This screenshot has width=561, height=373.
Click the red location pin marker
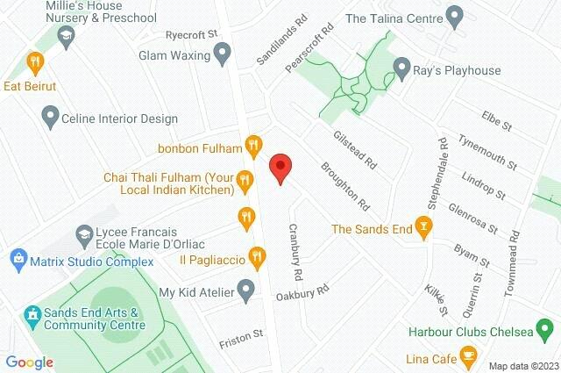pyautogui.click(x=280, y=168)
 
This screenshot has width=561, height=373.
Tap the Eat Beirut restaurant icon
pyautogui.click(x=35, y=62)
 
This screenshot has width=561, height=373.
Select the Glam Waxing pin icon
pyautogui.click(x=223, y=55)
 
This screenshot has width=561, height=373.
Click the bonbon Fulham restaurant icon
pyautogui.click(x=254, y=145)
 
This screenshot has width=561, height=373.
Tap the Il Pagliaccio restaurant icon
pyautogui.click(x=256, y=257)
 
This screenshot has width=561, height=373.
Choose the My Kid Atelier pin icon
pyautogui.click(x=246, y=291)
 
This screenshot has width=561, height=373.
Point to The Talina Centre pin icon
pyautogui.click(x=454, y=15)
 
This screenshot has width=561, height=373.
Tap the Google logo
pyautogui.click(x=29, y=362)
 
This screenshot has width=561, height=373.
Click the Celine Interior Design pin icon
pyautogui.click(x=50, y=116)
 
